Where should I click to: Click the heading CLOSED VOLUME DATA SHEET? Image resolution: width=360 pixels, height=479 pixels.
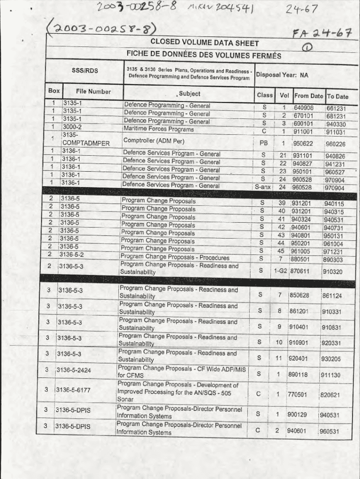click(x=204, y=43)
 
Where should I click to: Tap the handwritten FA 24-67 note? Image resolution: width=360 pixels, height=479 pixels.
click(x=322, y=34)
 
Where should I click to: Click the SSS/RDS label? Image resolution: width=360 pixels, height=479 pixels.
click(x=85, y=71)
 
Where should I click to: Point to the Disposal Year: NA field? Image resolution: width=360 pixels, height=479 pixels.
click(x=282, y=75)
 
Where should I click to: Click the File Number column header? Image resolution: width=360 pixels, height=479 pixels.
click(x=93, y=92)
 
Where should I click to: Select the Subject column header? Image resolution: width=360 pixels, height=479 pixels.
click(x=189, y=94)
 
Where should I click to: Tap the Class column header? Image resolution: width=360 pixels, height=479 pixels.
click(x=265, y=95)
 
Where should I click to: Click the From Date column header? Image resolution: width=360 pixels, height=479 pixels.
click(x=309, y=96)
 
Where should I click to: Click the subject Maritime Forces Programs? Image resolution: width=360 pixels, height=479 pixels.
click(x=158, y=129)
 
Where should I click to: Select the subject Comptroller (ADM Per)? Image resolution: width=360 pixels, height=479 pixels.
click(x=154, y=141)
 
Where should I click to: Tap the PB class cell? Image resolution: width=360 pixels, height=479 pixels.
click(x=264, y=143)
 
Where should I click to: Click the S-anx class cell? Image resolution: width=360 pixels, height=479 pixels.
click(x=263, y=187)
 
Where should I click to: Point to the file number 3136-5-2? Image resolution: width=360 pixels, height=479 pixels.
click(x=72, y=254)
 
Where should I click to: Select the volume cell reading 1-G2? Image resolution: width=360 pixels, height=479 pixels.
click(x=281, y=271)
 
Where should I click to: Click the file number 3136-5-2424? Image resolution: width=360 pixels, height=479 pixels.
click(x=73, y=370)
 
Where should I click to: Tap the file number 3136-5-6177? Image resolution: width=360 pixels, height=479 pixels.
click(x=73, y=390)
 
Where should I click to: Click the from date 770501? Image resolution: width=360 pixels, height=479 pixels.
click(x=297, y=394)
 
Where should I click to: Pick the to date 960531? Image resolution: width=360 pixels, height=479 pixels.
click(x=329, y=431)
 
